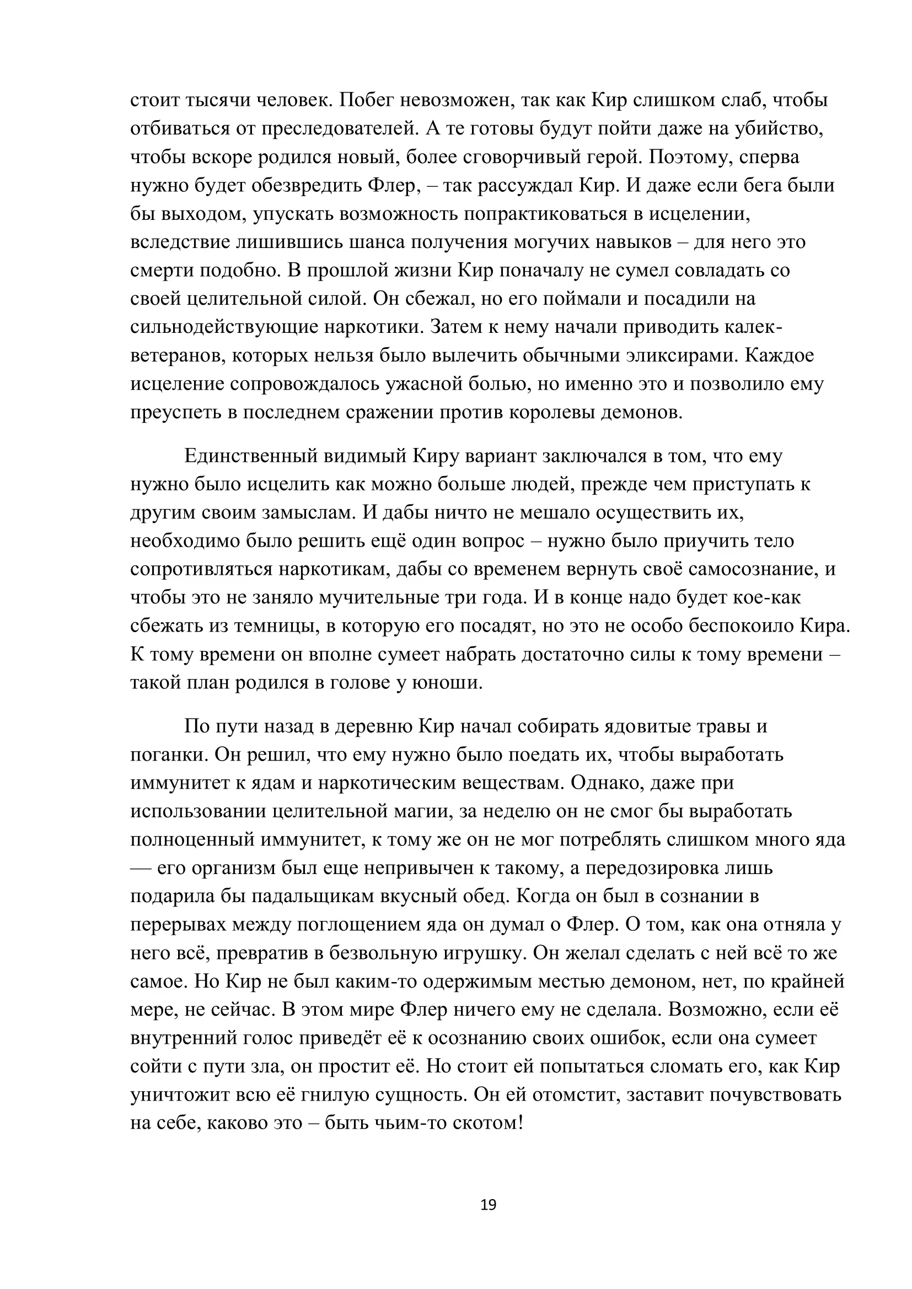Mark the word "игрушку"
click(480, 953)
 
